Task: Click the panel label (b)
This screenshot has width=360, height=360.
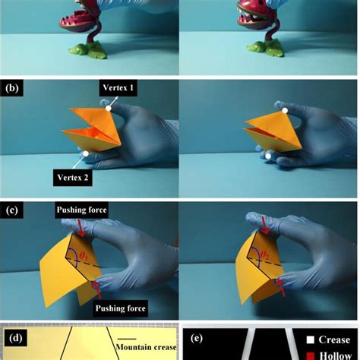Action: [12, 88]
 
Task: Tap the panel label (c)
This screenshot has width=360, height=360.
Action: [12, 210]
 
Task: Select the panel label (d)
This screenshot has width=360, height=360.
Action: [15, 338]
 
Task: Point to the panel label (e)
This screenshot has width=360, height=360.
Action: [197, 338]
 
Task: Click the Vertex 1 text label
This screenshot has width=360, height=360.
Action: [118, 88]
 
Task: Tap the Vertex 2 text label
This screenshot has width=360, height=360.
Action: [73, 178]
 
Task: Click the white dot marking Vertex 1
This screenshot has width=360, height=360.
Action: [109, 109]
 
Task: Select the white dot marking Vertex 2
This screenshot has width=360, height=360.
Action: [86, 153]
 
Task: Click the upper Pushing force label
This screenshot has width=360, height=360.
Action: [81, 210]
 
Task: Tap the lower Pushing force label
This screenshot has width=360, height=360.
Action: [121, 308]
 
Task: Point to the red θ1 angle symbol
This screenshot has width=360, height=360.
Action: [84, 255]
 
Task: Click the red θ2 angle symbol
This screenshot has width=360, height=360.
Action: [264, 256]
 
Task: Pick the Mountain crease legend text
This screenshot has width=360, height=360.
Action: [146, 347]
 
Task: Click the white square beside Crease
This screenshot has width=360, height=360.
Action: [311, 339]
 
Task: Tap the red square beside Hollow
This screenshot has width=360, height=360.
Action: [311, 356]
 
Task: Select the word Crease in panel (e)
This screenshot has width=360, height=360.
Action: [334, 339]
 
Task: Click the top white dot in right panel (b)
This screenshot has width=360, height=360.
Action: [286, 111]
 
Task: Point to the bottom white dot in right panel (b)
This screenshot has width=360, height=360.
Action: [269, 156]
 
